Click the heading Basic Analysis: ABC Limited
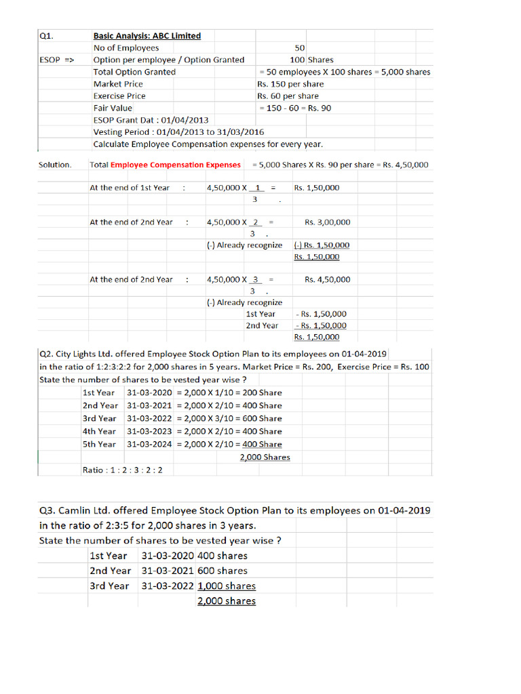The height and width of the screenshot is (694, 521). pos(147,36)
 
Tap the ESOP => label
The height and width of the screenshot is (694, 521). pos(58,60)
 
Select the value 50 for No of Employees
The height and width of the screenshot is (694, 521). pos(300,48)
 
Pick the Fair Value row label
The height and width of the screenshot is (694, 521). pos(113,108)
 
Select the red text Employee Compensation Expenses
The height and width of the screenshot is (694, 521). pos(175,165)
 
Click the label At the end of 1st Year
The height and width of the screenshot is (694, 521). pos(130,188)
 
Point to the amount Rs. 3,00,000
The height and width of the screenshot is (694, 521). pos(328,222)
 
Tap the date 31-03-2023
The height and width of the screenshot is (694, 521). pos(149,431)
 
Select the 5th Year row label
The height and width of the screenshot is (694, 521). pos(99,444)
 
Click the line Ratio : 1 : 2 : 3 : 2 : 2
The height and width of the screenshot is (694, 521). pos(127,470)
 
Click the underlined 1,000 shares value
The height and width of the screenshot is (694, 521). pos(227,586)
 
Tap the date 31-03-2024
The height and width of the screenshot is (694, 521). pos(149,444)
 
